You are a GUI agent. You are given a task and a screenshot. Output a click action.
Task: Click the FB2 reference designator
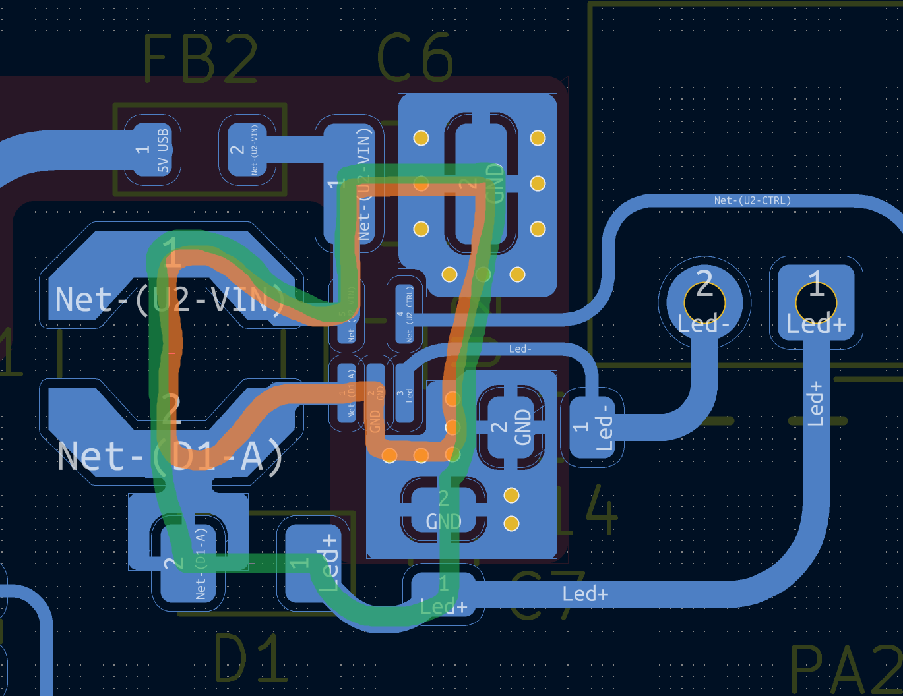coord(200,59)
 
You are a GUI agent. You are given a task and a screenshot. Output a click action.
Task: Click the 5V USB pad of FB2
coord(153,150)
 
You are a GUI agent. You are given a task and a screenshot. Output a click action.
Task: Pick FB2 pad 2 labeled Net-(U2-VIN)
coord(247,150)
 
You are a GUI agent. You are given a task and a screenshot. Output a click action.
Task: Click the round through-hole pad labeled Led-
coord(704,303)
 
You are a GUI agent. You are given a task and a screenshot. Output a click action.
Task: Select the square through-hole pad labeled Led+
coord(816,303)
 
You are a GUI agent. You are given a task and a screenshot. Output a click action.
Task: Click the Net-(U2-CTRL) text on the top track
coord(752,200)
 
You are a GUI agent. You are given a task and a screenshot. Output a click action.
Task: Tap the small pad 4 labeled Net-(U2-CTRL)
coord(405,314)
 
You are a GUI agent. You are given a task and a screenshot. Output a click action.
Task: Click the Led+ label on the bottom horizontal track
coord(585,594)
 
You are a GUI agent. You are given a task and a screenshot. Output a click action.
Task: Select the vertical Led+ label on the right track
coord(816,403)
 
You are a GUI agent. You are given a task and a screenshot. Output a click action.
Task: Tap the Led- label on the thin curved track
coord(520,349)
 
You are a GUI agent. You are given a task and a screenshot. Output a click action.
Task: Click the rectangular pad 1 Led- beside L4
coord(592,427)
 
